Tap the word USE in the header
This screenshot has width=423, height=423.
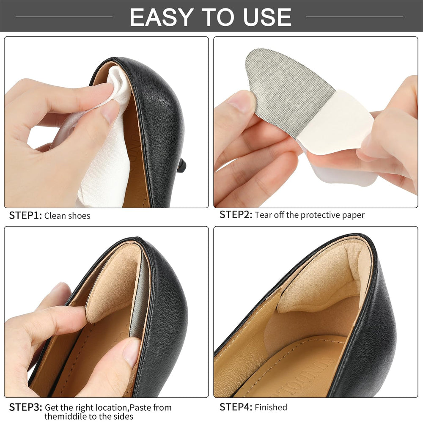[x=267, y=17]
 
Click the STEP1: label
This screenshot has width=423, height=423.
[x=25, y=216]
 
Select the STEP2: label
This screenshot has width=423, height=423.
[x=236, y=215]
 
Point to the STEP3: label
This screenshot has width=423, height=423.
[x=25, y=407]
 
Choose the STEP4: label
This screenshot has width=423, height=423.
[x=236, y=407]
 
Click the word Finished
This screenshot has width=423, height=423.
[x=271, y=407]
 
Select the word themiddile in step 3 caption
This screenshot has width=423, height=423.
[x=66, y=416]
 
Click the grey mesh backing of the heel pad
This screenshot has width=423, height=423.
[x=286, y=89]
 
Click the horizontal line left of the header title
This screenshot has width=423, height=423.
[x=64, y=17]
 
